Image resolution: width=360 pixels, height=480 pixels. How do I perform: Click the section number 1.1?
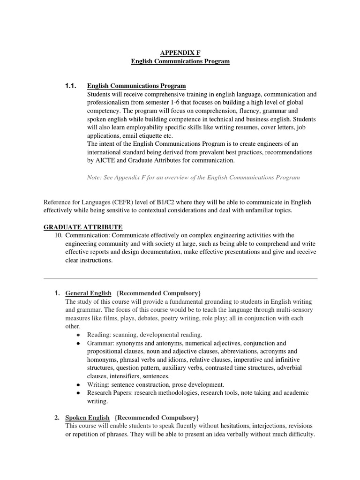70,86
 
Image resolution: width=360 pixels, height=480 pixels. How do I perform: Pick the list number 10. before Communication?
59,235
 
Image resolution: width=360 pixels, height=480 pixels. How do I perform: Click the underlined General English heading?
88,293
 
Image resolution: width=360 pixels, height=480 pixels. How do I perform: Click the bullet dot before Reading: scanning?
78,335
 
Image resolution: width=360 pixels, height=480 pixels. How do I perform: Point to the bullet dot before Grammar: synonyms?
78,344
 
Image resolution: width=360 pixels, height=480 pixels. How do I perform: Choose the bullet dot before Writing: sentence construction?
78,385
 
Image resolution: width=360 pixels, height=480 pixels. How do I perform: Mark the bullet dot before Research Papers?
78,393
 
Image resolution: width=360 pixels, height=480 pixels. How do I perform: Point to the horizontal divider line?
180,278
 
